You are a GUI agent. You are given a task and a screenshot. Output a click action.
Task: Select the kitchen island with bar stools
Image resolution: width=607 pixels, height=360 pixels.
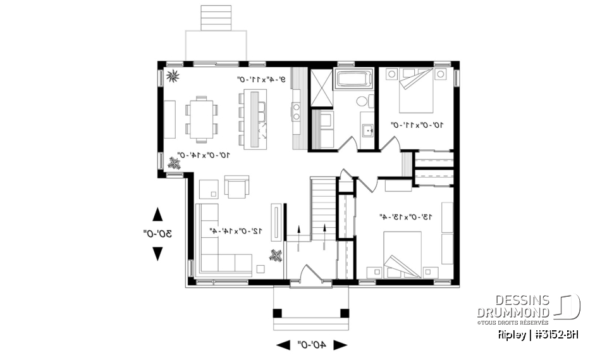tap(255, 119)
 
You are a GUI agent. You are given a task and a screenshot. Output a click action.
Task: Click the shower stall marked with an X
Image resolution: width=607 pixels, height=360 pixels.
tap(320, 88)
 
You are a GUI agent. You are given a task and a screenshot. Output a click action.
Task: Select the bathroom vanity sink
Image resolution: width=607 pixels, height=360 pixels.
tap(367, 130)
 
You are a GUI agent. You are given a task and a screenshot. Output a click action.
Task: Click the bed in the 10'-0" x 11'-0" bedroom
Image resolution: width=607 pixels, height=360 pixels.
tap(415, 90)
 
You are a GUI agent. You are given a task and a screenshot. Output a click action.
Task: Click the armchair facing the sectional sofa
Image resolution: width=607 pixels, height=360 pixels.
tap(237, 187)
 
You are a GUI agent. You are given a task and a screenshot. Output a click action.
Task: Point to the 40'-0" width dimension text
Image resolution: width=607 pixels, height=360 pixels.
tap(312, 345)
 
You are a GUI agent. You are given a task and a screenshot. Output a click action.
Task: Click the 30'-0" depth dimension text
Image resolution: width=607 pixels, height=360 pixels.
tap(157, 234)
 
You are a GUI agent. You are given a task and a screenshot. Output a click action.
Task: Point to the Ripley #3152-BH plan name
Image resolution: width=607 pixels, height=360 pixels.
tap(537, 334)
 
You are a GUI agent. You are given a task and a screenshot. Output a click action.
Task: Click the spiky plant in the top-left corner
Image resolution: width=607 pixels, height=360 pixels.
tap(173, 77)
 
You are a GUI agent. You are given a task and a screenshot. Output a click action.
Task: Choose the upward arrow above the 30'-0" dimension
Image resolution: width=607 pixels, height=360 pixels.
tap(157, 214)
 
